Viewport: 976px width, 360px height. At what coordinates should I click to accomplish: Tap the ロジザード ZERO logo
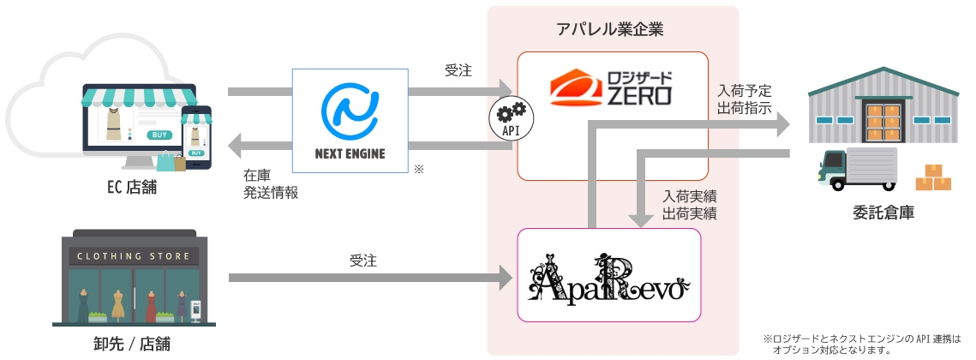click(611, 89)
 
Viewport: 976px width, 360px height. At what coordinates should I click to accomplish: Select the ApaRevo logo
click(609, 276)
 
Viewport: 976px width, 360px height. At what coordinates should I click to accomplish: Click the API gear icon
click(512, 119)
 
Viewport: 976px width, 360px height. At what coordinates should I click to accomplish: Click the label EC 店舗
click(128, 188)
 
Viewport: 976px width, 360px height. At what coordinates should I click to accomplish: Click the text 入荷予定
click(744, 90)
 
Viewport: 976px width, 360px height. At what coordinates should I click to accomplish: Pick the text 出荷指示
click(744, 109)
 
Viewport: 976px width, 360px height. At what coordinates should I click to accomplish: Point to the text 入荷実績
click(690, 195)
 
